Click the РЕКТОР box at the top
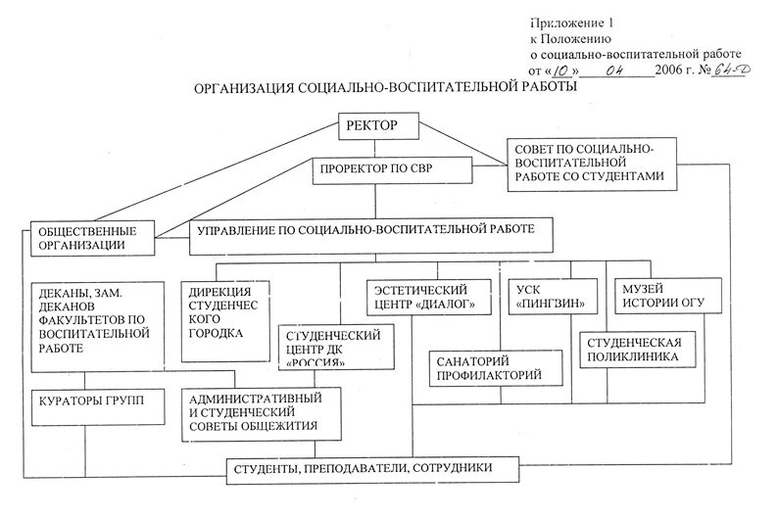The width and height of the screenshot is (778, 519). pyautogui.click(x=380, y=125)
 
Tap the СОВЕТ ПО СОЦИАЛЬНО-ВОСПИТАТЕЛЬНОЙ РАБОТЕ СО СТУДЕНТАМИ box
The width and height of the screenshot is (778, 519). pyautogui.click(x=588, y=162)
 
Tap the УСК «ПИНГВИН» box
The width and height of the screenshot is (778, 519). pyautogui.click(x=549, y=298)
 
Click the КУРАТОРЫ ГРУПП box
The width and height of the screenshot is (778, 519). pyautogui.click(x=91, y=403)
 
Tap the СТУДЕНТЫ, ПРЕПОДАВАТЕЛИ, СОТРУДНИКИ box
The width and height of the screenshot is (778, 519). pyautogui.click(x=376, y=469)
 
